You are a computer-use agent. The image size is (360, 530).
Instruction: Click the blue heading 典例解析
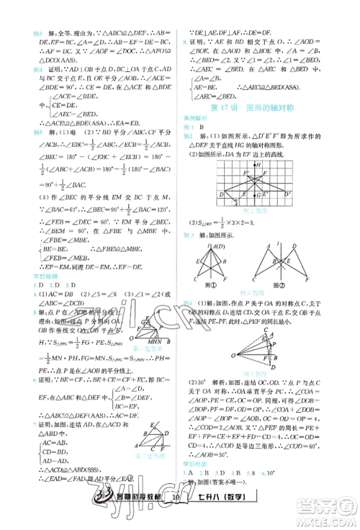point(198,119)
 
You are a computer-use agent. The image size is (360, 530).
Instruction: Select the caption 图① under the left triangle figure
point(210,284)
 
